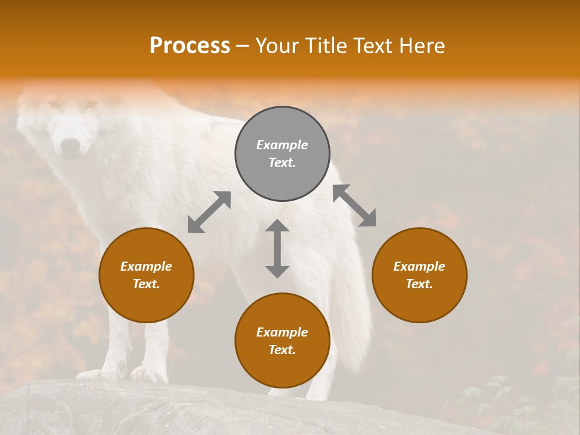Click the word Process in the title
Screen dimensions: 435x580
pyautogui.click(x=190, y=46)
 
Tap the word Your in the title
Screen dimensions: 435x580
pyautogui.click(x=276, y=46)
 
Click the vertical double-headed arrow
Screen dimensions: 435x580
pyautogui.click(x=277, y=248)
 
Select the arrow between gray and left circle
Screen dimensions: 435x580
pyautogui.click(x=209, y=212)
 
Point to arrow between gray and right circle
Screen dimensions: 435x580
pyautogui.click(x=354, y=205)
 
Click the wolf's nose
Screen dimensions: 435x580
pyautogui.click(x=71, y=146)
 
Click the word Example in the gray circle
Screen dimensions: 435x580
pyautogui.click(x=282, y=145)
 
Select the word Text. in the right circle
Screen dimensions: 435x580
pyautogui.click(x=419, y=284)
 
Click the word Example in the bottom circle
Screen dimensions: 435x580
pyautogui.click(x=282, y=332)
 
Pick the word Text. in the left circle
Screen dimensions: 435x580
pyautogui.click(x=146, y=284)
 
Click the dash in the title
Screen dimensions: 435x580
pyautogui.click(x=243, y=47)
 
